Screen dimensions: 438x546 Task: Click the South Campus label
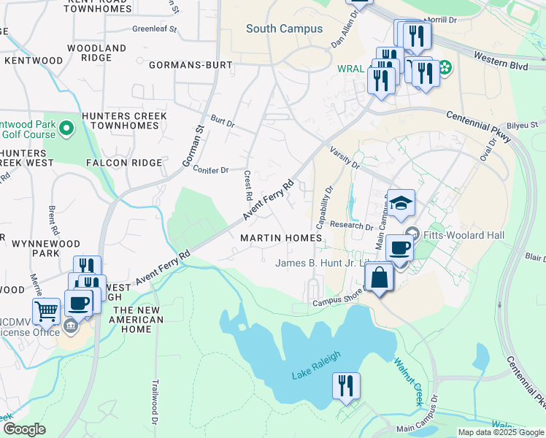(284, 29)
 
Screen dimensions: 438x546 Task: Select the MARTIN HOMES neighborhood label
(281, 239)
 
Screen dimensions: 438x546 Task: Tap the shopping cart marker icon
(46, 312)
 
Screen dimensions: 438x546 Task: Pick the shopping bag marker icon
(380, 278)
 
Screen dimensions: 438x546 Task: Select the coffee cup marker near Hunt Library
(399, 247)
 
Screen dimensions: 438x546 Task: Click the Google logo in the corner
(24, 429)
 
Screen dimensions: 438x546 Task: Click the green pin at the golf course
(66, 130)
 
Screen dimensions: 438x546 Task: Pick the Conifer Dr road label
(211, 170)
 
